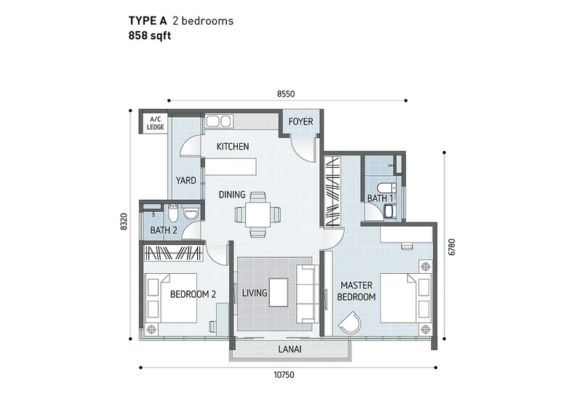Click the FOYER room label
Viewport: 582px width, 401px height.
[x=300, y=121]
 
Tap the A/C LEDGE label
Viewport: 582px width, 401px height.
[x=155, y=123]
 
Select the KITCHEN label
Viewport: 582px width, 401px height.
[x=233, y=147]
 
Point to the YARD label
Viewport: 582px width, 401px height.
[x=186, y=180]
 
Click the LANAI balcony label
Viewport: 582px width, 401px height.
[x=290, y=349]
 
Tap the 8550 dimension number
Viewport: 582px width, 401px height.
[x=286, y=94]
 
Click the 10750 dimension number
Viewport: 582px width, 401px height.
[x=284, y=375]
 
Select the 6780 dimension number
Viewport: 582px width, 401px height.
[x=452, y=247]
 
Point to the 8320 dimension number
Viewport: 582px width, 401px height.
[x=124, y=222]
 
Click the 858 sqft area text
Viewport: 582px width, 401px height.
[x=150, y=36]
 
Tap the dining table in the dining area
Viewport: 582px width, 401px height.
[x=258, y=214]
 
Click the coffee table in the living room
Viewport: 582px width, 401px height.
[x=279, y=293]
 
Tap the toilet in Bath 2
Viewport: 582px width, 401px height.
[x=173, y=212]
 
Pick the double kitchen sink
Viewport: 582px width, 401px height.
[x=219, y=121]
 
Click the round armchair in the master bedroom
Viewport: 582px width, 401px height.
[x=350, y=323]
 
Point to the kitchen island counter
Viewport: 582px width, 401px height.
[x=231, y=166]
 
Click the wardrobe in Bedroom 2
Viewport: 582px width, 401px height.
[x=173, y=253]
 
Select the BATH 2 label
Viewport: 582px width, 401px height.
[x=164, y=230]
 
